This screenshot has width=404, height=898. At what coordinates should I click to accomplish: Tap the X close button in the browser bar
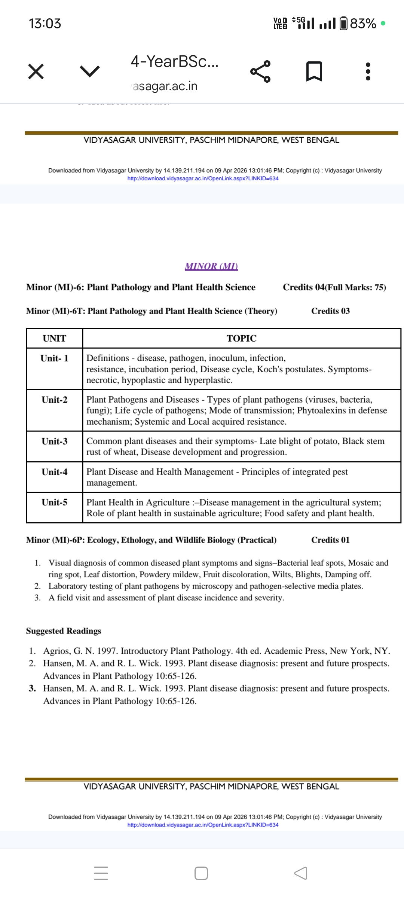(36, 71)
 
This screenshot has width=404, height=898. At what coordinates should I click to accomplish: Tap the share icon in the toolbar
(260, 71)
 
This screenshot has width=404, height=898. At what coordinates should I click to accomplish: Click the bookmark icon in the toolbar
(314, 71)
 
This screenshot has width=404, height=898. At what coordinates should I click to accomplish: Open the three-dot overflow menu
(368, 71)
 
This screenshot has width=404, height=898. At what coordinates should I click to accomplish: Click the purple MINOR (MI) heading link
(211, 266)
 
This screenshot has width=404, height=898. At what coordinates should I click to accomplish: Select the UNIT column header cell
(55, 339)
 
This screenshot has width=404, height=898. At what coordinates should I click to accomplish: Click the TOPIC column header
(241, 339)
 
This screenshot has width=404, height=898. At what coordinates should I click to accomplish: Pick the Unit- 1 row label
(55, 358)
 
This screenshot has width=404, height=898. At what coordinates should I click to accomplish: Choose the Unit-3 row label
(55, 442)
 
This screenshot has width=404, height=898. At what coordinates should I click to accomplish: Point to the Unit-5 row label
(55, 503)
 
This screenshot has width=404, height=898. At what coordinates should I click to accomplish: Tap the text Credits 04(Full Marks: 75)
(334, 287)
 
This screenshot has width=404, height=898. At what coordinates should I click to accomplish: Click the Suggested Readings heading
(64, 631)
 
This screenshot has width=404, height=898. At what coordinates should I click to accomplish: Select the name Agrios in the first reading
(56, 651)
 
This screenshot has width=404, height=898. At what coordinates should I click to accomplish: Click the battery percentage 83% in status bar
(363, 24)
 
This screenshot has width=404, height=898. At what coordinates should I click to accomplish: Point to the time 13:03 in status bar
(45, 24)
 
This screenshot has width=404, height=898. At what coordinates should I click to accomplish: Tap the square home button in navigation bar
(201, 873)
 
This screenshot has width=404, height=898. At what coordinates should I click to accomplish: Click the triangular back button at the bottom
(301, 873)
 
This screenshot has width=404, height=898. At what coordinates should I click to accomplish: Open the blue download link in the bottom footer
(203, 825)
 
